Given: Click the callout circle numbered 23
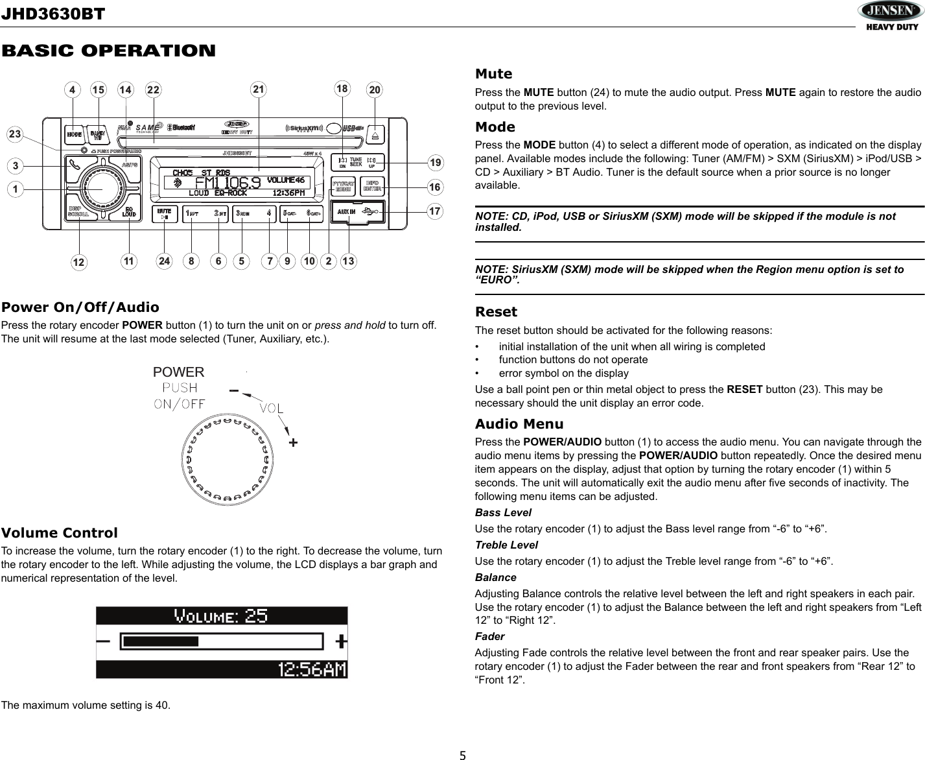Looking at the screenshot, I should [x=14, y=134].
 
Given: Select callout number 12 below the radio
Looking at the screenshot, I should [x=79, y=262].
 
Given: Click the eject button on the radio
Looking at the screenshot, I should [x=377, y=135].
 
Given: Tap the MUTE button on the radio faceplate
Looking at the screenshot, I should [x=165, y=214].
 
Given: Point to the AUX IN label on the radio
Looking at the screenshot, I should [x=346, y=212].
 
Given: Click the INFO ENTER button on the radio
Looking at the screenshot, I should [x=372, y=185].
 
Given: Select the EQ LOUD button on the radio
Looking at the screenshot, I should [x=129, y=212].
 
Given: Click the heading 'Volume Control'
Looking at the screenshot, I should [x=60, y=533].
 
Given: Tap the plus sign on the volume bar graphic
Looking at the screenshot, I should [x=341, y=641].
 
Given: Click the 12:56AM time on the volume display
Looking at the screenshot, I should [x=312, y=669].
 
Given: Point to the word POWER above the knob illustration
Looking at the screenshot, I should [x=178, y=372].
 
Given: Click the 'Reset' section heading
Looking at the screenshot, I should [x=496, y=312].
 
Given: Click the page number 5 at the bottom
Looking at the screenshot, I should [x=462, y=754].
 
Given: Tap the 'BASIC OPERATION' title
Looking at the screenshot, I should [x=108, y=51].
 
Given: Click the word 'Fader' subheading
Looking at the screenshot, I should [x=489, y=636].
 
